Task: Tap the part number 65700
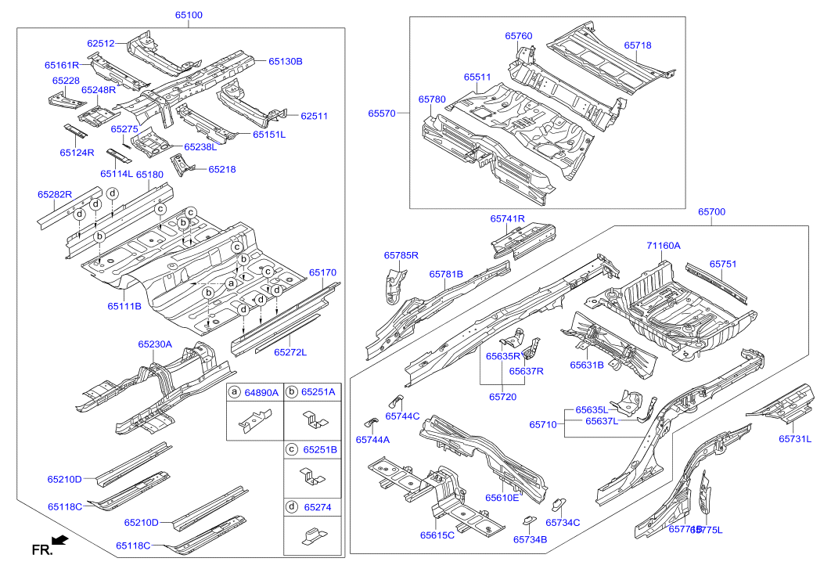tap(711, 212)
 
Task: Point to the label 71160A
tap(664, 246)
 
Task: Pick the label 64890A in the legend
tap(261, 392)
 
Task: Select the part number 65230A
tap(155, 344)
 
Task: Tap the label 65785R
tap(401, 255)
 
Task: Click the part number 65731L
tap(795, 439)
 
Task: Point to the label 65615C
tap(437, 535)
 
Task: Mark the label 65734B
tap(530, 538)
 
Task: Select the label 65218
tap(222, 169)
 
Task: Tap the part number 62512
tap(101, 44)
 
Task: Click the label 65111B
tap(124, 306)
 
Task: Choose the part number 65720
tap(503, 397)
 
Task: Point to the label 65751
tap(723, 265)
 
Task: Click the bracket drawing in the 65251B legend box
tap(313, 477)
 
